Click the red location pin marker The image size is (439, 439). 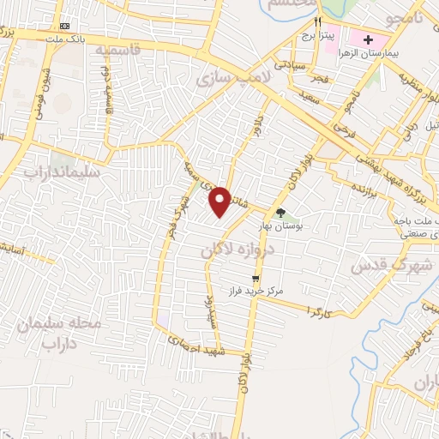220,201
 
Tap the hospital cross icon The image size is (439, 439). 369,39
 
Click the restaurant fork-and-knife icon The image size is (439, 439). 318,21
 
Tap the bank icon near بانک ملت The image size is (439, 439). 66,27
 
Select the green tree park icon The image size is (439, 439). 280,213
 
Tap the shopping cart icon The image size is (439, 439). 256,279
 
